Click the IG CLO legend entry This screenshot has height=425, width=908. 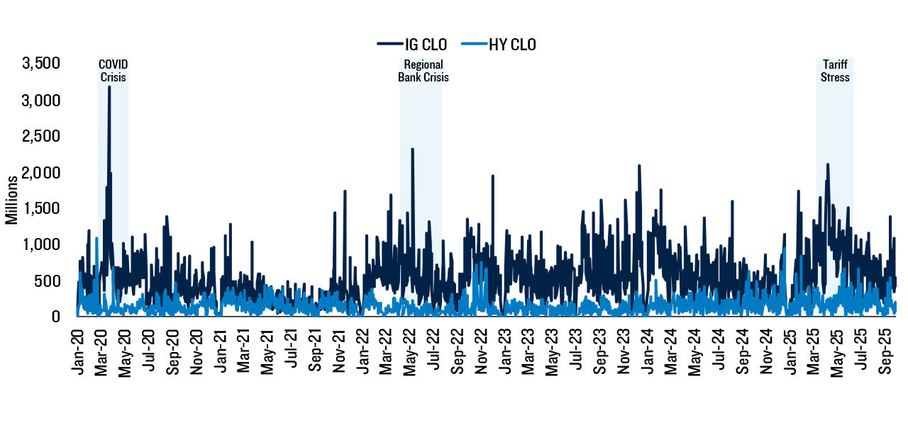[412, 45]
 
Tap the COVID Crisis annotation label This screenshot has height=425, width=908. [113, 71]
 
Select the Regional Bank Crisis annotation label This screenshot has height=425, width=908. [423, 71]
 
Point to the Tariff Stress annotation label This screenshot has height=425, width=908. [835, 71]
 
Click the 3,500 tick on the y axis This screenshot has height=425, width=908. [41, 64]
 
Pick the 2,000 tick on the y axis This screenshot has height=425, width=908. [41, 173]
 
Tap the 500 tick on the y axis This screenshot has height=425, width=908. [48, 281]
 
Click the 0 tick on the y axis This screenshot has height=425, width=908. [55, 317]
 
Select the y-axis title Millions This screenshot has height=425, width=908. [12, 201]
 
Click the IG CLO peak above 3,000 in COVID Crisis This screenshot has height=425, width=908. [109, 87]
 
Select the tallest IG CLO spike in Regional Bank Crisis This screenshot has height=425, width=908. [412, 149]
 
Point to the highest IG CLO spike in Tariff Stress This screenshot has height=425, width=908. [827, 164]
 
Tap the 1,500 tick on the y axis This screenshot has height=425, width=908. [41, 209]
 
